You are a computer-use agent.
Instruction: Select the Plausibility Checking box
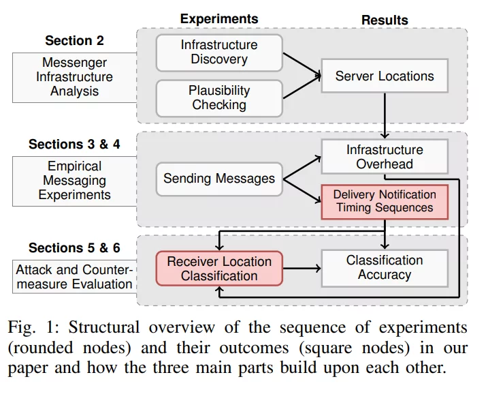click(x=219, y=97)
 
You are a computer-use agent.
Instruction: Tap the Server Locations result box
click(x=385, y=76)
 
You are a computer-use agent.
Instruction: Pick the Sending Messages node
click(x=219, y=179)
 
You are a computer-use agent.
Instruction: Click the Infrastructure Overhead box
click(x=385, y=157)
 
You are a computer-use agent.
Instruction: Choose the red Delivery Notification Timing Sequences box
click(x=385, y=202)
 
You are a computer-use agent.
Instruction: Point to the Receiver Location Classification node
click(x=219, y=268)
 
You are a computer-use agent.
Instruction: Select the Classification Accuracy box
click(x=385, y=267)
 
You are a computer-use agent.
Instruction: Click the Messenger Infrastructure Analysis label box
click(x=75, y=77)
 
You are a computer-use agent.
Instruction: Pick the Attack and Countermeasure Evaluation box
click(x=75, y=276)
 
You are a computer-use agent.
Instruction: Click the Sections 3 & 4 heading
click(x=74, y=145)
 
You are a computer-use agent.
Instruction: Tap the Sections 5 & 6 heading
click(x=74, y=247)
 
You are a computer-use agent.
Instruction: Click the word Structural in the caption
click(x=99, y=329)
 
